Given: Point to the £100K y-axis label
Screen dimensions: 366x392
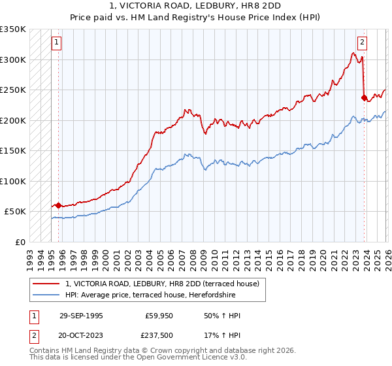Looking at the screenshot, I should click(13, 181).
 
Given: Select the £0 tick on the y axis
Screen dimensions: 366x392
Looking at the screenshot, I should click(20, 242).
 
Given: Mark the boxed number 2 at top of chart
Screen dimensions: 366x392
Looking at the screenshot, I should click(361, 43).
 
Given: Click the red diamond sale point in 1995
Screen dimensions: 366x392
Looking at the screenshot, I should click(59, 205).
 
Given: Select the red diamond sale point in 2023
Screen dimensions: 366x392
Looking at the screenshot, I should click(363, 98).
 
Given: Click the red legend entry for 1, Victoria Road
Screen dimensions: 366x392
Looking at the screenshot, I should click(163, 284).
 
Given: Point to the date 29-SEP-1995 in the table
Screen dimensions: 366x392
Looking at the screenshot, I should click(81, 316).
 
